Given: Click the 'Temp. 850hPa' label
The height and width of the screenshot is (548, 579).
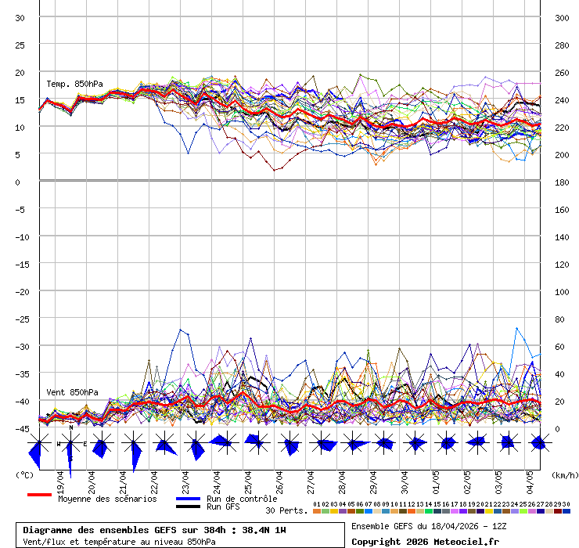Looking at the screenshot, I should tap(74, 84).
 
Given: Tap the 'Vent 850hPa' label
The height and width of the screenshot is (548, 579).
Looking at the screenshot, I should tap(72, 392).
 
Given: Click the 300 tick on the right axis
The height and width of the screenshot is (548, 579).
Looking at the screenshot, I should tap(562, 18).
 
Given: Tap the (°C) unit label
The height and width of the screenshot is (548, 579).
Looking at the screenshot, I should tap(25, 474).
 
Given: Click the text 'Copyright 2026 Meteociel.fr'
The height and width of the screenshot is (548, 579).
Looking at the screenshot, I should tap(425, 541).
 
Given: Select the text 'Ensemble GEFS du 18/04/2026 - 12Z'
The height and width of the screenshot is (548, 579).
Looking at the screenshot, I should tap(427, 525).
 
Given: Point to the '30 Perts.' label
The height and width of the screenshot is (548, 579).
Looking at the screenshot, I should tap(286, 510).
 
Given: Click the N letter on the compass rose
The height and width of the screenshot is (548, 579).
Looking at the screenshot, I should tap(70, 427).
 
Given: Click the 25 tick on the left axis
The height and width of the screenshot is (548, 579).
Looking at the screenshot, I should tap(20, 45).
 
